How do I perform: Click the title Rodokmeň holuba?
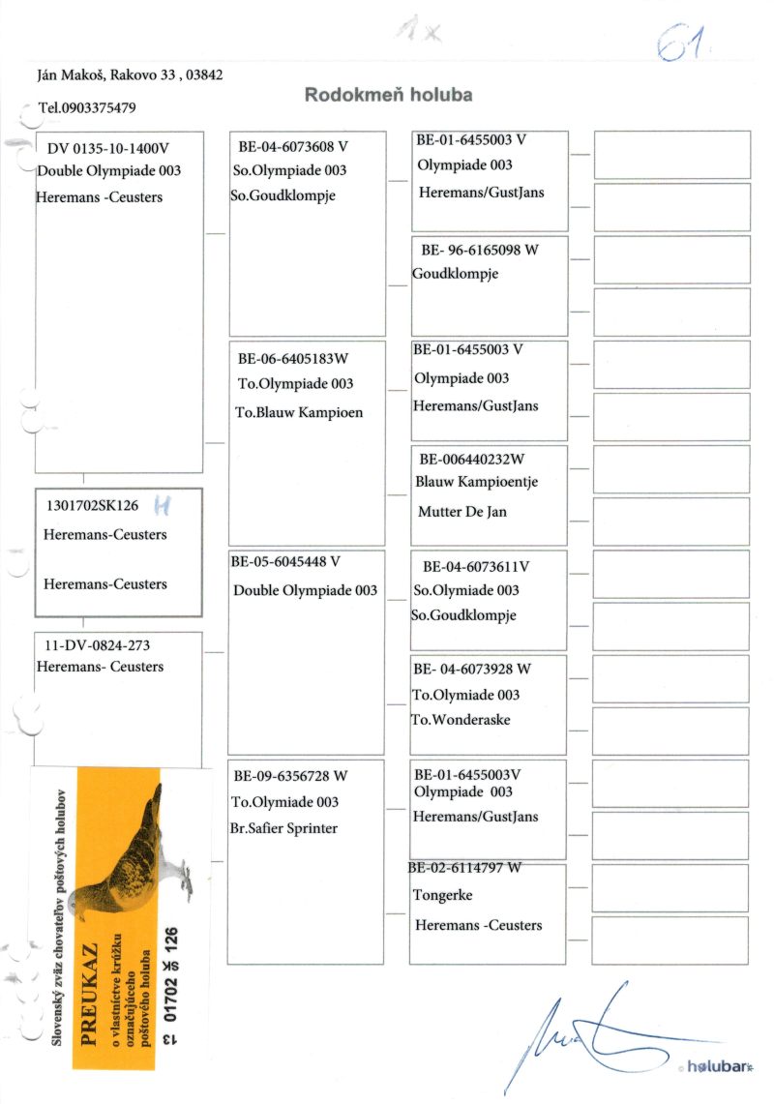(389, 95)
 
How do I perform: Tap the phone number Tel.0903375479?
(87, 107)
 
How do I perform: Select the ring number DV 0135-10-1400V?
(107, 148)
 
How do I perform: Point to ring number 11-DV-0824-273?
(92, 644)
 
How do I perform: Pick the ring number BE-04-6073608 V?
(292, 147)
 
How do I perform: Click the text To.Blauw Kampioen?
(299, 412)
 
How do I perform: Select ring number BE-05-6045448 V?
(285, 561)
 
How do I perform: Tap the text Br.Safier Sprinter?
(284, 828)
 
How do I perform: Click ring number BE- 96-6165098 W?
(480, 250)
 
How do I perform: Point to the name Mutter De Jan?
(461, 512)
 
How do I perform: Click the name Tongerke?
(442, 895)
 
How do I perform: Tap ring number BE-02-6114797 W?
(465, 868)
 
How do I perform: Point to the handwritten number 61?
(682, 42)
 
